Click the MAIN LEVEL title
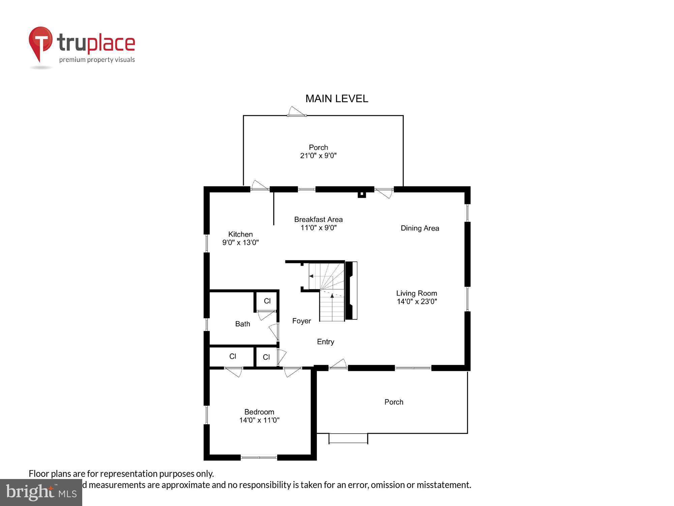(337, 99)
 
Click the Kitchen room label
(240, 234)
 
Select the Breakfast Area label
(318, 220)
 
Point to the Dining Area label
(420, 228)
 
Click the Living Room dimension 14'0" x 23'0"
(417, 302)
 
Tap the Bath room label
(242, 324)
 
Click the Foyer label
(301, 321)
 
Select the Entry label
(325, 342)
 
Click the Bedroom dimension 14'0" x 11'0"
(259, 420)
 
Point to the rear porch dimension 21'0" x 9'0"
(318, 156)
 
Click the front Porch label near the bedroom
(394, 402)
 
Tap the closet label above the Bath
(267, 301)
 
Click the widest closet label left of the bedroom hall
(233, 356)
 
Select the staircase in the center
(327, 292)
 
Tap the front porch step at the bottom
(348, 438)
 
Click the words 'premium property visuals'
(97, 60)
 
